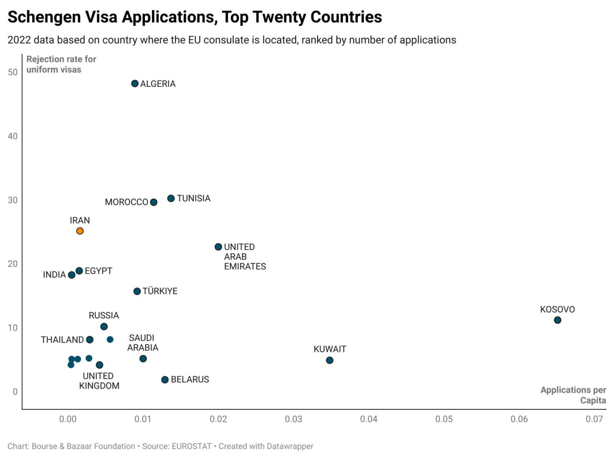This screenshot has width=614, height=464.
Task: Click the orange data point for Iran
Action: (x=80, y=231)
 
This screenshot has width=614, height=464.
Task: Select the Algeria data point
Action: (x=134, y=83)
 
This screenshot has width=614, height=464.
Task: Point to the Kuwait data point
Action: (x=329, y=360)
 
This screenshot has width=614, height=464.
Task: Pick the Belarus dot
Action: (x=165, y=380)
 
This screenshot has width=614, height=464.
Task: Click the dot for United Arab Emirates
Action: (x=218, y=247)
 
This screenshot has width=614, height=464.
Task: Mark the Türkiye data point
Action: (x=137, y=291)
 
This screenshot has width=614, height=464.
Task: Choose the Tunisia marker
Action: (x=171, y=198)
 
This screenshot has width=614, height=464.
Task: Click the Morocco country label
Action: (x=126, y=202)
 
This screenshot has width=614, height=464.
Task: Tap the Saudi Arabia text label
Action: (x=142, y=343)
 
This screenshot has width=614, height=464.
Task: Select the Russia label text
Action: (x=104, y=315)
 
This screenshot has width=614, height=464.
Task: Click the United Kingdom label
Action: (x=99, y=381)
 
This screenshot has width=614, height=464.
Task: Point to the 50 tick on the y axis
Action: (x=12, y=72)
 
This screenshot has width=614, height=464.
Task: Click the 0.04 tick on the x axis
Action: (x=368, y=419)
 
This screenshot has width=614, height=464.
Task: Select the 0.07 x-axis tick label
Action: (x=594, y=419)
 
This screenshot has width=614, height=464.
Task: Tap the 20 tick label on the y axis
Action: (x=12, y=263)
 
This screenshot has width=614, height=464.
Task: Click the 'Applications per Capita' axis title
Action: (x=573, y=395)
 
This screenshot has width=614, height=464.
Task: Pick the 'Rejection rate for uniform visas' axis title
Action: (x=61, y=64)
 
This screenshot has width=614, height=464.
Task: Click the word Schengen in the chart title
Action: (x=45, y=17)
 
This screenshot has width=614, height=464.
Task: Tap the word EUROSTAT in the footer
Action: (x=191, y=446)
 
